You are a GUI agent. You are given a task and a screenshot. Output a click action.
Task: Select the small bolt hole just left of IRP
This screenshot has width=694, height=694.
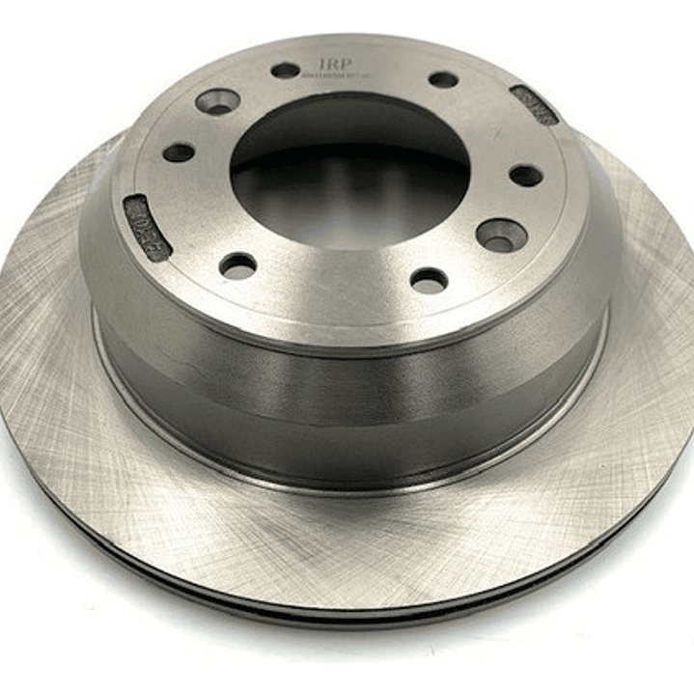(x=286, y=70)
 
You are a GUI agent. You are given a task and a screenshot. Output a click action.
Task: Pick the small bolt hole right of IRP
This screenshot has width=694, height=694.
(x=443, y=80)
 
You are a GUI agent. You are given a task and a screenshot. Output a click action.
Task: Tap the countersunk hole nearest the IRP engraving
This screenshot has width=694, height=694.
(x=217, y=99)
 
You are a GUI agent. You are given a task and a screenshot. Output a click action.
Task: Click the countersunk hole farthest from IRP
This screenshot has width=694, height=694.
(x=502, y=235)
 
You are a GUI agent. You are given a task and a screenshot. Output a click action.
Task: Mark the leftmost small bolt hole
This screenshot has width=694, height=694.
(x=179, y=153)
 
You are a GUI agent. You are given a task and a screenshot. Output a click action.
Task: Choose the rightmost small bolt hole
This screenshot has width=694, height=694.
(x=525, y=176)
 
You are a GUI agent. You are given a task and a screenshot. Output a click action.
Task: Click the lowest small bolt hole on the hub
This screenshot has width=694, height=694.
(x=429, y=281)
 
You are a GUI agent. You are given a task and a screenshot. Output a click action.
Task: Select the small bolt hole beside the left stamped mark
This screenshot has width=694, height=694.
(x=237, y=265)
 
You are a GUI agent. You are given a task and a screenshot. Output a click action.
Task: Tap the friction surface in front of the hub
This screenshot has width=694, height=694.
(x=347, y=541)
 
